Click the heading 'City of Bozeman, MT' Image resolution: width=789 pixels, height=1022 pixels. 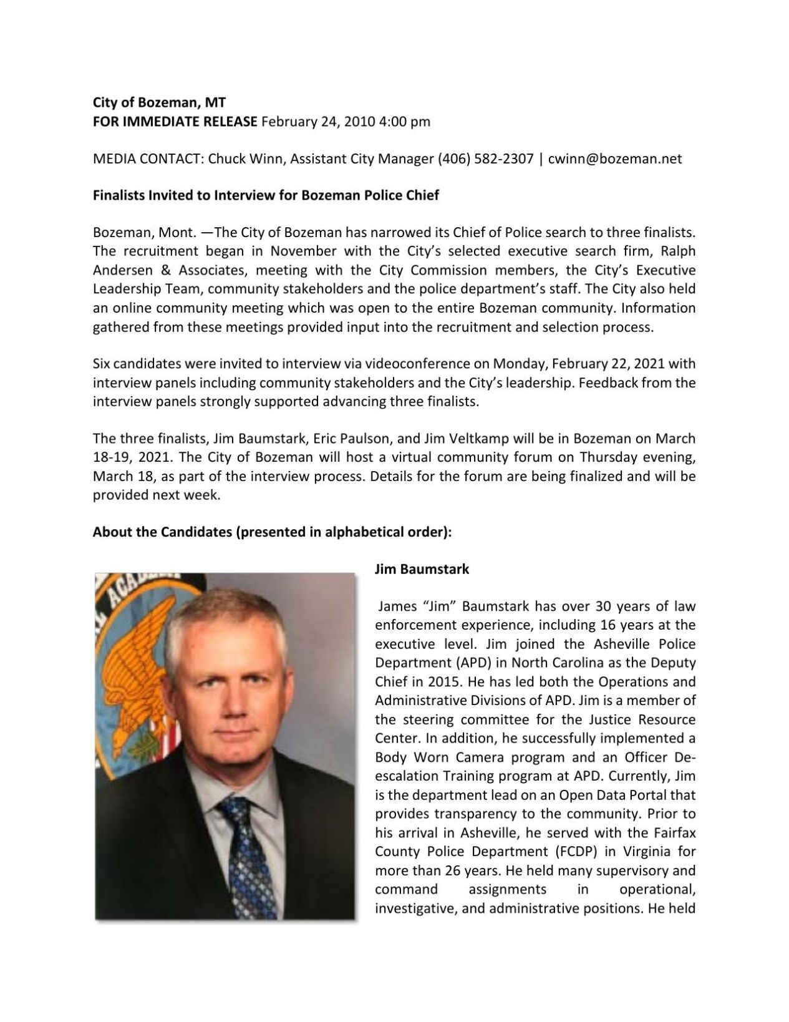point(159,102)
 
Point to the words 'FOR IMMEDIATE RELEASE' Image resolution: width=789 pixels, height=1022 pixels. point(175,121)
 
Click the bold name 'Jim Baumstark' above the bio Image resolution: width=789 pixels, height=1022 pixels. point(422,569)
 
